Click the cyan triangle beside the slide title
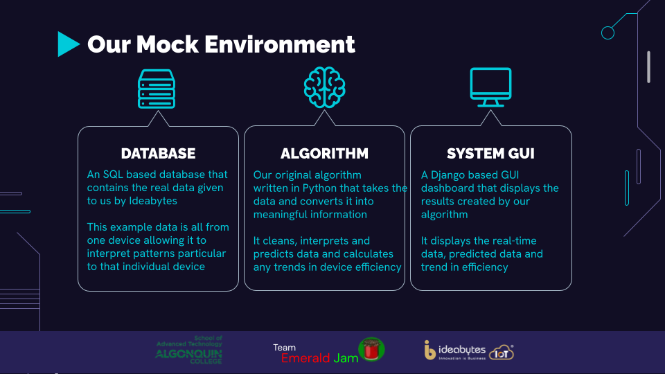coord(68,44)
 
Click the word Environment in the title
coord(279,44)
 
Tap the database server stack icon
coord(157,89)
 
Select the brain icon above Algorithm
coord(324,87)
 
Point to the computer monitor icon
coord(490,87)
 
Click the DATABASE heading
coord(158,154)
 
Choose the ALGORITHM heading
coord(324,154)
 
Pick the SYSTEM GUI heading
coord(490,154)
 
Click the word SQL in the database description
coord(113,175)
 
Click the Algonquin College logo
coord(189,350)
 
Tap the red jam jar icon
coord(371,349)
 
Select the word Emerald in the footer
coord(305,358)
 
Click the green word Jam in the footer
coord(346,358)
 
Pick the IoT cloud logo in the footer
coord(502,353)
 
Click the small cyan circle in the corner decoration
coord(608,33)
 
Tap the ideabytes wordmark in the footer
coord(462,350)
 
